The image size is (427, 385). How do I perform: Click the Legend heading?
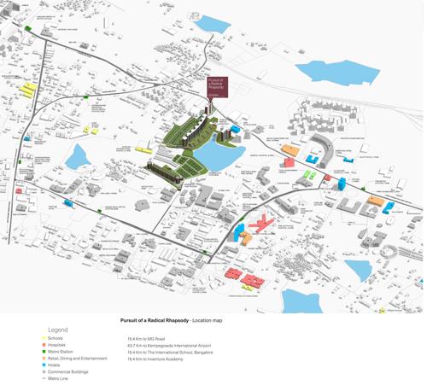click(x=58, y=330)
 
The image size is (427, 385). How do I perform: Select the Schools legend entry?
click(x=56, y=338)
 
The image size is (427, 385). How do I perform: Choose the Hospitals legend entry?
click(x=57, y=345)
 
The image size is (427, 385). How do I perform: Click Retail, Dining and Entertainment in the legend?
click(x=77, y=359)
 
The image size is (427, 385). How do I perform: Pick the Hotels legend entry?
click(x=54, y=365)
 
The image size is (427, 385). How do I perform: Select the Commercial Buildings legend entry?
click(x=67, y=372)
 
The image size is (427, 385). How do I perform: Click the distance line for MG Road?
click(x=149, y=338)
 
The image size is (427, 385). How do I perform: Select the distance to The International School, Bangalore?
click(x=170, y=352)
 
